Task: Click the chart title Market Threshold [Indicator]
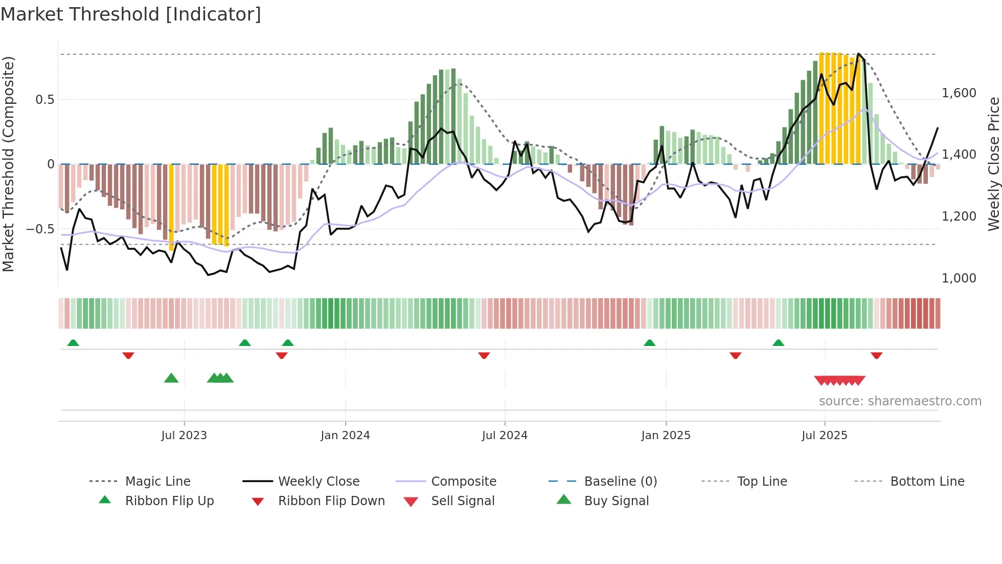(131, 14)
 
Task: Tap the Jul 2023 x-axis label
(184, 436)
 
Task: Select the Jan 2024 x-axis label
(345, 436)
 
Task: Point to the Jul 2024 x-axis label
(505, 436)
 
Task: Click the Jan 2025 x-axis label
(666, 436)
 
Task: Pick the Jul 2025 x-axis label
(824, 436)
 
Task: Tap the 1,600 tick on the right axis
(959, 93)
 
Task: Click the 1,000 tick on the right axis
(959, 278)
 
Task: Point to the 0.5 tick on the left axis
(45, 100)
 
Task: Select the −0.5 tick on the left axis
(40, 229)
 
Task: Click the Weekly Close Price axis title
(993, 164)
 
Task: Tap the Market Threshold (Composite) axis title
(8, 164)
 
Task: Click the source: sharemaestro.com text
(900, 401)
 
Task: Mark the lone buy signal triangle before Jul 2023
(171, 379)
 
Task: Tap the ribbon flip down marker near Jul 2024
(484, 355)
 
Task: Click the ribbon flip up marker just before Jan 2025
(649, 343)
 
